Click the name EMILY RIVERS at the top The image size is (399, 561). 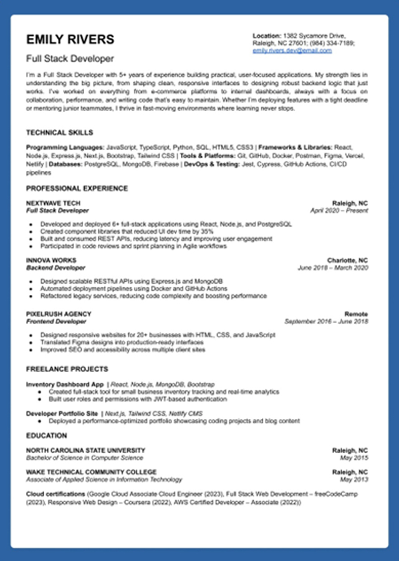coord(70,40)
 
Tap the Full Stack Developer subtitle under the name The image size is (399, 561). coord(70,59)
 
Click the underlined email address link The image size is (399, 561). coord(292,51)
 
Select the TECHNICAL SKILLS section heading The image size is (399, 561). coord(59,133)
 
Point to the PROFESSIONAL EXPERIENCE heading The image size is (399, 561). coord(77,188)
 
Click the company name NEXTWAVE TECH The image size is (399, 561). coord(53,203)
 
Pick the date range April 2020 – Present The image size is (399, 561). coord(339,211)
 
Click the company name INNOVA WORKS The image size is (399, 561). coord(51,260)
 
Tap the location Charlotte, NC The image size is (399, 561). coord(347,260)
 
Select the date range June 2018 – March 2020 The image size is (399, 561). coord(332,267)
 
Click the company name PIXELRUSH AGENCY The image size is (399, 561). coord(59,314)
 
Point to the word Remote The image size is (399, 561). coord(356,314)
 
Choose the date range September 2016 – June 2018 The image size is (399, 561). coord(325,322)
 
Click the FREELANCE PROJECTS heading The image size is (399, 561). coord(67,369)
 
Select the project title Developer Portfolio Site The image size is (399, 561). coord(62,413)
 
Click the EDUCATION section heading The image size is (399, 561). coord(46,436)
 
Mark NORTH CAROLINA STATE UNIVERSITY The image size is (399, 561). coord(85,450)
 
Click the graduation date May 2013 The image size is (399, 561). coord(353,479)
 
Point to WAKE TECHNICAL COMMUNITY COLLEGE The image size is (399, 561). coord(91,472)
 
